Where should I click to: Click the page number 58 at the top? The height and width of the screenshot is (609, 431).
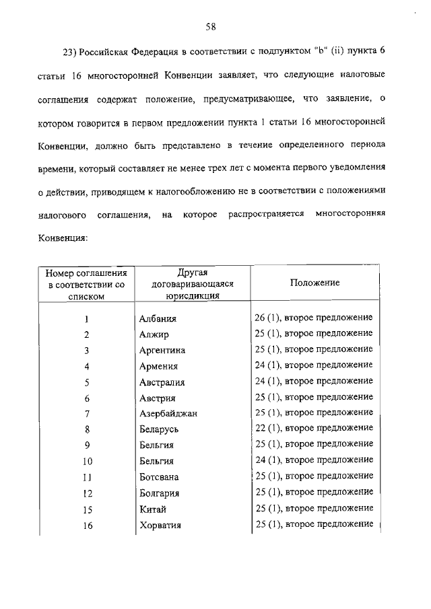[210, 27]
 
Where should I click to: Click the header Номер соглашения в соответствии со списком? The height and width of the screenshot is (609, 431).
[86, 283]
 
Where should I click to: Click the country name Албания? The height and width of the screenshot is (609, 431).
[157, 319]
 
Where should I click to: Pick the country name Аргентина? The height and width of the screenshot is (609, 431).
[162, 351]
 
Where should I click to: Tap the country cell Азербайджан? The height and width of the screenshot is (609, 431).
[168, 413]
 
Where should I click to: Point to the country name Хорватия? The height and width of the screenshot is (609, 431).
[161, 524]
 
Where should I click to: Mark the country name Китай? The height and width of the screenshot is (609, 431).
[152, 508]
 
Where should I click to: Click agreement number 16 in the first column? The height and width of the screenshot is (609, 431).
[87, 525]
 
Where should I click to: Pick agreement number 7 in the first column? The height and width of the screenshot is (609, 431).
[87, 413]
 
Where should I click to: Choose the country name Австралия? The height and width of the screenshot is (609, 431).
[162, 382]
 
